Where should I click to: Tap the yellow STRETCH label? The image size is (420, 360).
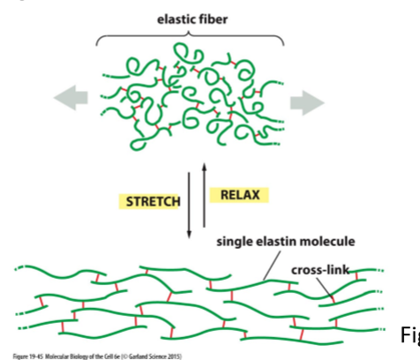[154, 201]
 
